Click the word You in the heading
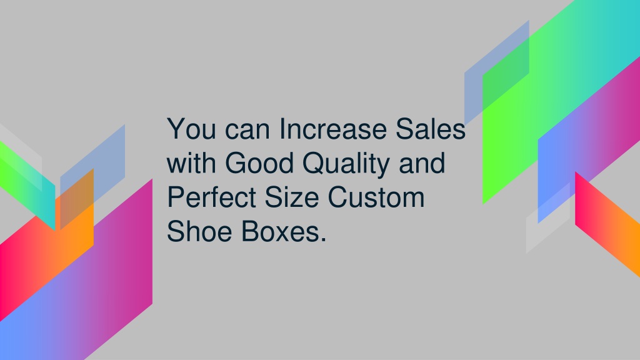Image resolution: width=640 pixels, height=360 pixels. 191,129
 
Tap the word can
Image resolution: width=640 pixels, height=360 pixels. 247,131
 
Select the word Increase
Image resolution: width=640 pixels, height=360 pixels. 333,129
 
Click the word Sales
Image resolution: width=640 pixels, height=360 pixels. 431,129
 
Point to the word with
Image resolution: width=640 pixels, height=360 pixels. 191,163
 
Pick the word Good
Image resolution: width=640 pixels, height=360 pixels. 259,163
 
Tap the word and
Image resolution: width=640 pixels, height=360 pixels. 422,163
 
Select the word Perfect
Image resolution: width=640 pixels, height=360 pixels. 211,197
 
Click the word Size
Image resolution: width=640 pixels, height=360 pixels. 292,197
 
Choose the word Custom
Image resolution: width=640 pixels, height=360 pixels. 376,197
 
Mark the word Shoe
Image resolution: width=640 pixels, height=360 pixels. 199,231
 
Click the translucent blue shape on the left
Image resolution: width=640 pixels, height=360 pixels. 92,176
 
